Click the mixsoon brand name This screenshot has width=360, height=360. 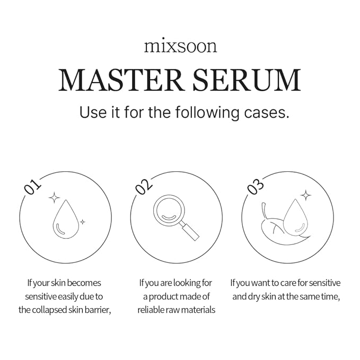pos(180,46)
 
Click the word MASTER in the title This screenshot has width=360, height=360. pos(120,80)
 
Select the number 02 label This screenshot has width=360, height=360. pos(144,186)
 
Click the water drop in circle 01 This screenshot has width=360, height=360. pos(66,221)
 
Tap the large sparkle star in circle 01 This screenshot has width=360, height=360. pos(54,198)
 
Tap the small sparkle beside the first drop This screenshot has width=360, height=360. pos(82,222)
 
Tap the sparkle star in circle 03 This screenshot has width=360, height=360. pos(305,196)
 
